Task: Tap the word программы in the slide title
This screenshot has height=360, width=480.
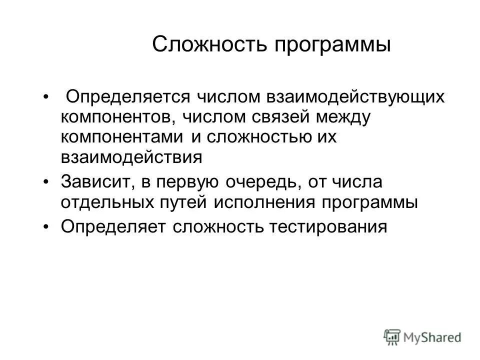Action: pos(330,45)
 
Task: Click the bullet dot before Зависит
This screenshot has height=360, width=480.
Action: pos(46,181)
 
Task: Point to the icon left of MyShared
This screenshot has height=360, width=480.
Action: pos(392,337)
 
